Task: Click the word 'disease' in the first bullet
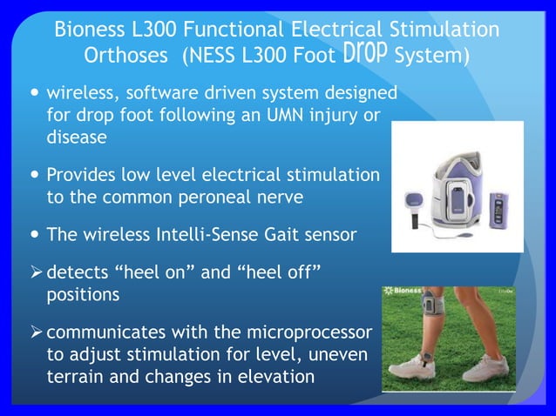[76, 138]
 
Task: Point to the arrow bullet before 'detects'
[36, 273]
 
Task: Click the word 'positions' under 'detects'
[83, 295]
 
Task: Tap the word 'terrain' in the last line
[75, 378]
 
